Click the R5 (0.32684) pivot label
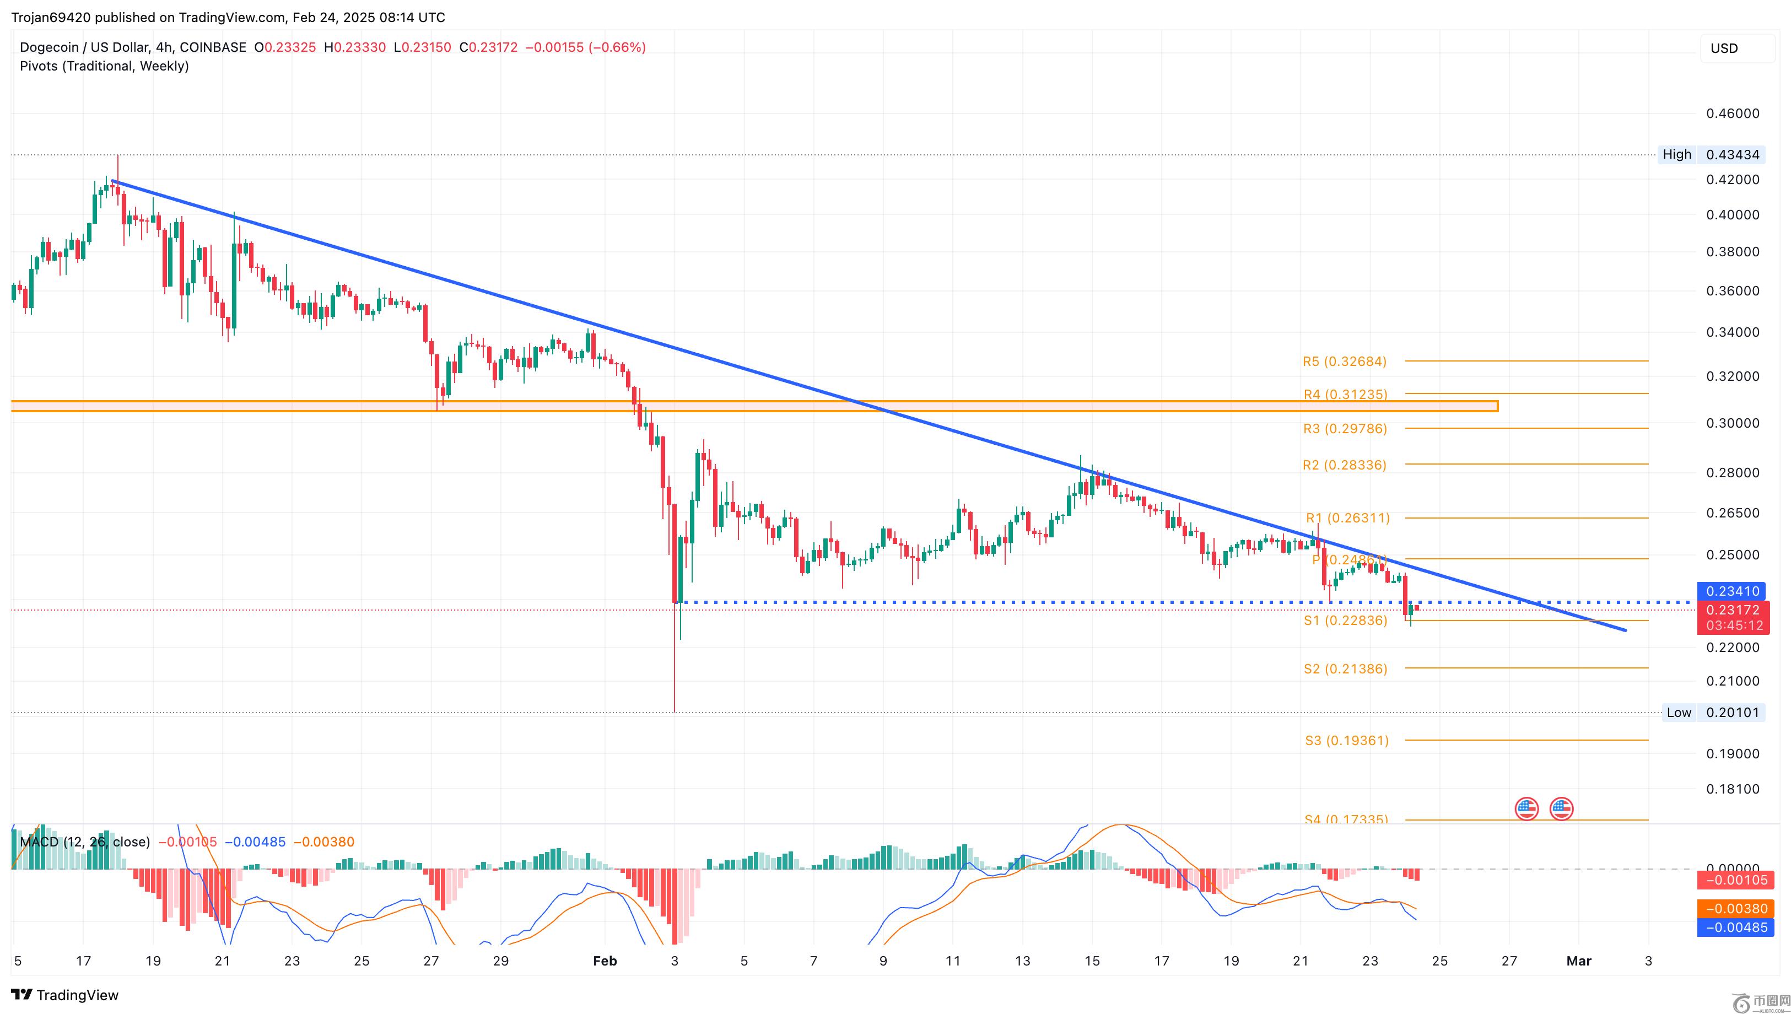[x=1344, y=362]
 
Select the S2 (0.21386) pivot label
[x=1345, y=668]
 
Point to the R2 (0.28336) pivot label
[x=1344, y=465]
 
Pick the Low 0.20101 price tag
[x=1712, y=713]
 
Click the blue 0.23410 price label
[x=1733, y=591]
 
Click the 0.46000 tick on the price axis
[x=1733, y=114]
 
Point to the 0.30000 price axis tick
[x=1733, y=423]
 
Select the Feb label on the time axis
[x=605, y=961]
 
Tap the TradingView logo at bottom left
[x=65, y=995]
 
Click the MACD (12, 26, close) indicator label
[x=85, y=842]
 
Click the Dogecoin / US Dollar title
[x=84, y=47]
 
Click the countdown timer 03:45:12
[x=1734, y=625]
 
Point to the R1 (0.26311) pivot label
[x=1347, y=517]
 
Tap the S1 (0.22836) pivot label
[x=1345, y=620]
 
